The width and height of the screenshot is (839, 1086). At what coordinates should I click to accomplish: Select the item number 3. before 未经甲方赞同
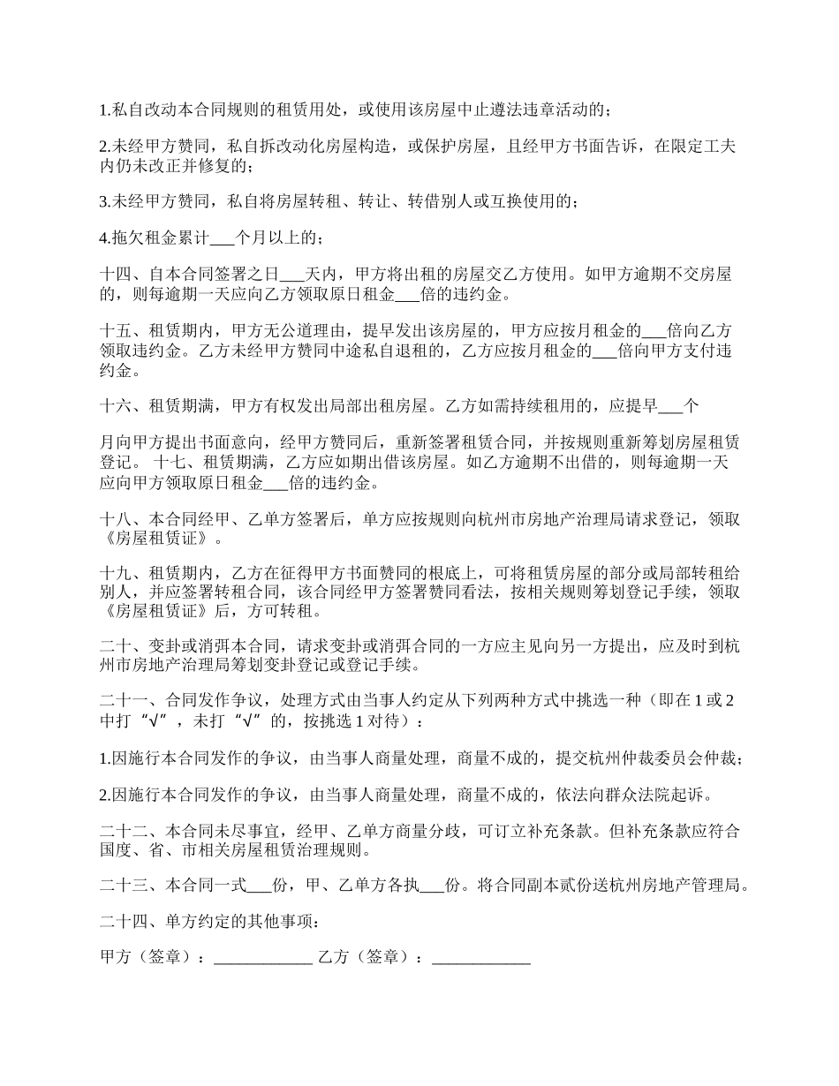[x=104, y=201]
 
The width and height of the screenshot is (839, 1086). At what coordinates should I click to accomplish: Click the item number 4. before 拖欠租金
[x=104, y=238]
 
